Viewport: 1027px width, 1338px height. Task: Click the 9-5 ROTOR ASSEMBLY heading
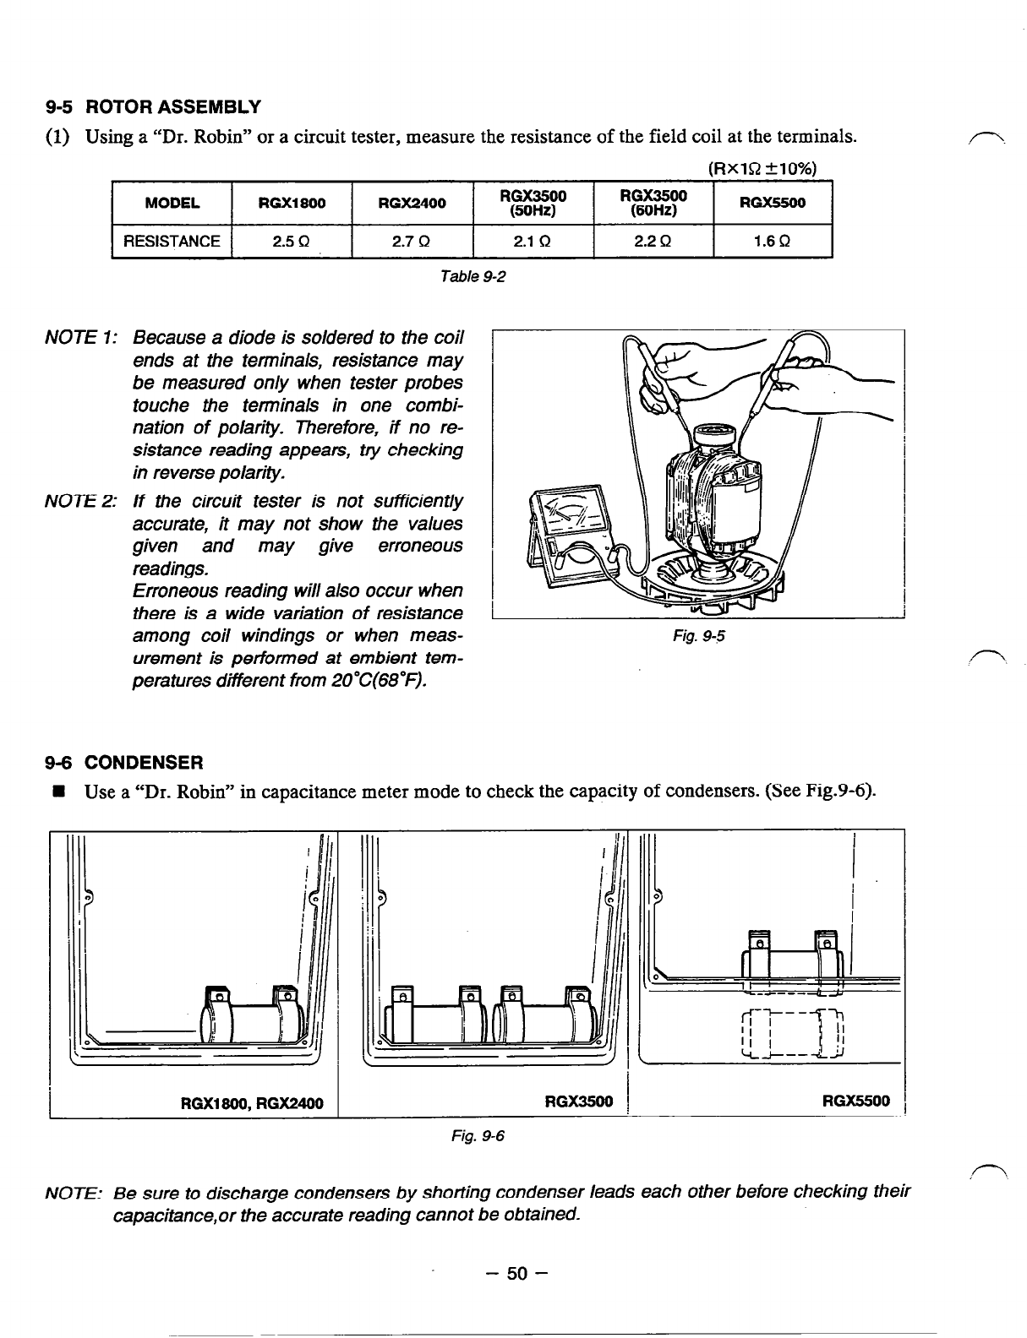tap(153, 107)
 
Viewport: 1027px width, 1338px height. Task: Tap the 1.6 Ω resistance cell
tap(773, 242)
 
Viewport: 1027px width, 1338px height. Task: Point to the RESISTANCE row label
tap(172, 242)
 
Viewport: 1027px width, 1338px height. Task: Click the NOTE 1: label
tap(80, 339)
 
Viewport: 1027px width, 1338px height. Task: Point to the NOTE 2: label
tap(80, 502)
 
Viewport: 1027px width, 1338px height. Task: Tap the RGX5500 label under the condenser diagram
tap(856, 1101)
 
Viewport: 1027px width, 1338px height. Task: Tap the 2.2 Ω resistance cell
tap(653, 242)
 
